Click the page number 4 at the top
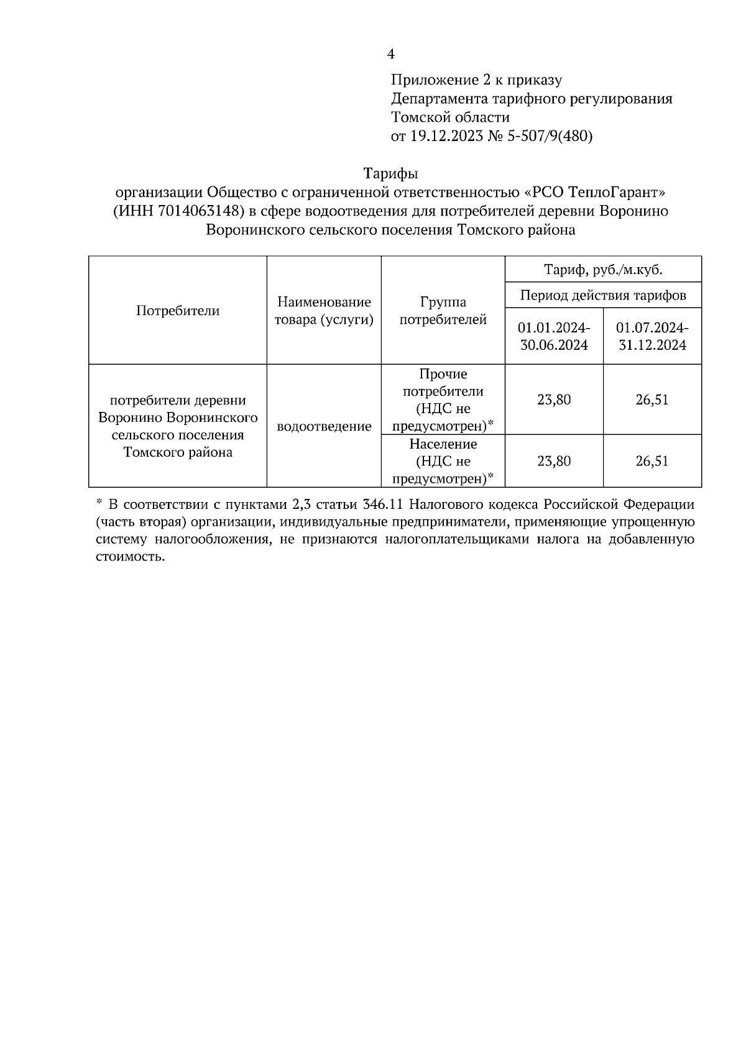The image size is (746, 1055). click(x=390, y=54)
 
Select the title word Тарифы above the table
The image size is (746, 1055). click(x=390, y=173)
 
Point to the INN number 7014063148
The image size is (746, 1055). click(x=198, y=211)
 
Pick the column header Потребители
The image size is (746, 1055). click(x=178, y=311)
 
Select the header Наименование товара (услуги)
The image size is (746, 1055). click(x=324, y=311)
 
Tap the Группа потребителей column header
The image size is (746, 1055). click(x=443, y=311)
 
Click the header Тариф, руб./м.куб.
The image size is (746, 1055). click(x=603, y=270)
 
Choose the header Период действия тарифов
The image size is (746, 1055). click(x=603, y=295)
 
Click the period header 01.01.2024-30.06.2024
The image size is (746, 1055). click(x=554, y=336)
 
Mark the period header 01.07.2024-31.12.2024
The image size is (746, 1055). click(x=652, y=336)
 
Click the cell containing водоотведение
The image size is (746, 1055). click(x=324, y=426)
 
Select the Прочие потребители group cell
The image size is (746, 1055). click(x=443, y=400)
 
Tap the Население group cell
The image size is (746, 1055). click(x=443, y=461)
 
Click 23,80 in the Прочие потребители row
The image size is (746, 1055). click(x=554, y=400)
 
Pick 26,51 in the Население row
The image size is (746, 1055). click(x=652, y=461)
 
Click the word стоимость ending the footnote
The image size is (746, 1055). click(x=131, y=557)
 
